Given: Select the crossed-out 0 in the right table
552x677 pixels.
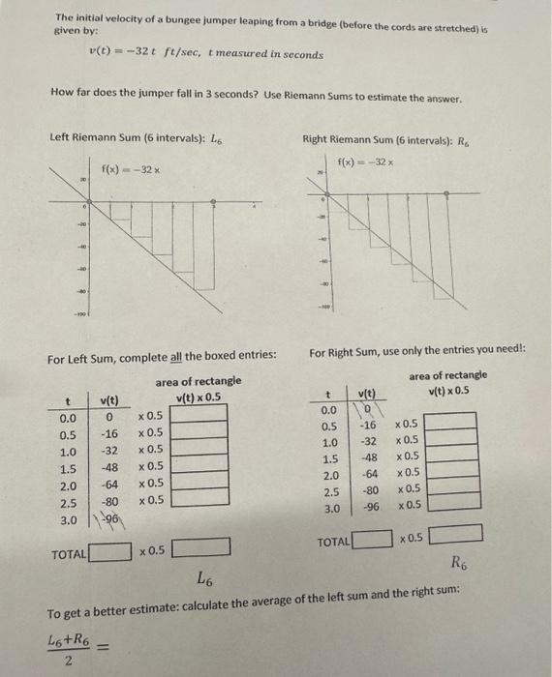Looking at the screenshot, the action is [368, 410].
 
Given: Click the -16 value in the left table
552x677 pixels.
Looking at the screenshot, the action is [109, 433].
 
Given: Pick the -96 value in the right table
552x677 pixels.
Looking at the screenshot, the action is [368, 507].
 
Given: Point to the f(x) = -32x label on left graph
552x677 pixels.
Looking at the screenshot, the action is [131, 171].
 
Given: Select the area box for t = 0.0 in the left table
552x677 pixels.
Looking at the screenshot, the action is [200, 415].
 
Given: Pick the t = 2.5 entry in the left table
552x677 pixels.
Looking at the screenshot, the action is [67, 502].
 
